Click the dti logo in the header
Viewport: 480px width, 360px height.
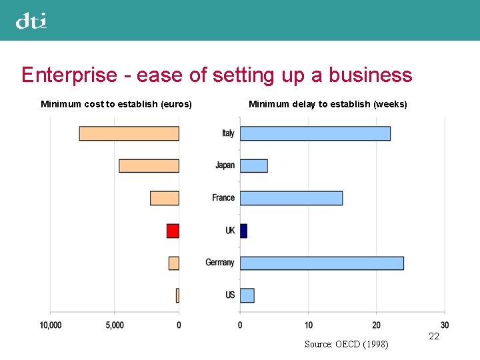point(31,21)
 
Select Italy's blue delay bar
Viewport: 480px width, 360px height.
point(315,133)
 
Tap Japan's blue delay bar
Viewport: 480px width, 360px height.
point(253,165)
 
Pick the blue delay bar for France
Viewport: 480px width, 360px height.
point(291,198)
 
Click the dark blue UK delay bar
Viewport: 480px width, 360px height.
point(243,231)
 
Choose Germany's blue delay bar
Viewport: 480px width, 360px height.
point(321,263)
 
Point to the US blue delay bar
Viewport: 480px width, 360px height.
point(247,295)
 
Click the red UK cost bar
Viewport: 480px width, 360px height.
point(173,231)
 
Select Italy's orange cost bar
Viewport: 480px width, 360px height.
point(129,133)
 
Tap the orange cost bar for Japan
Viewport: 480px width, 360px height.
point(149,165)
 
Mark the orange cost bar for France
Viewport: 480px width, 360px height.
point(164,198)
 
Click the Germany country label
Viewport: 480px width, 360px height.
point(220,263)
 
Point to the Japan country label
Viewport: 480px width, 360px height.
point(225,165)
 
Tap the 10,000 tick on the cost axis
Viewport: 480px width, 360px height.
point(51,325)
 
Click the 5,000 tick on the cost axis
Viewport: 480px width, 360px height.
point(115,325)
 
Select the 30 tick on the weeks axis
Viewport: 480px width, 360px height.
point(445,325)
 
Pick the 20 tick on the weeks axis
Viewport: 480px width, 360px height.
point(376,325)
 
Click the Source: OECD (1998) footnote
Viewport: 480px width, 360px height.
point(346,344)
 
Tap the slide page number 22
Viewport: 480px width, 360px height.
point(434,337)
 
